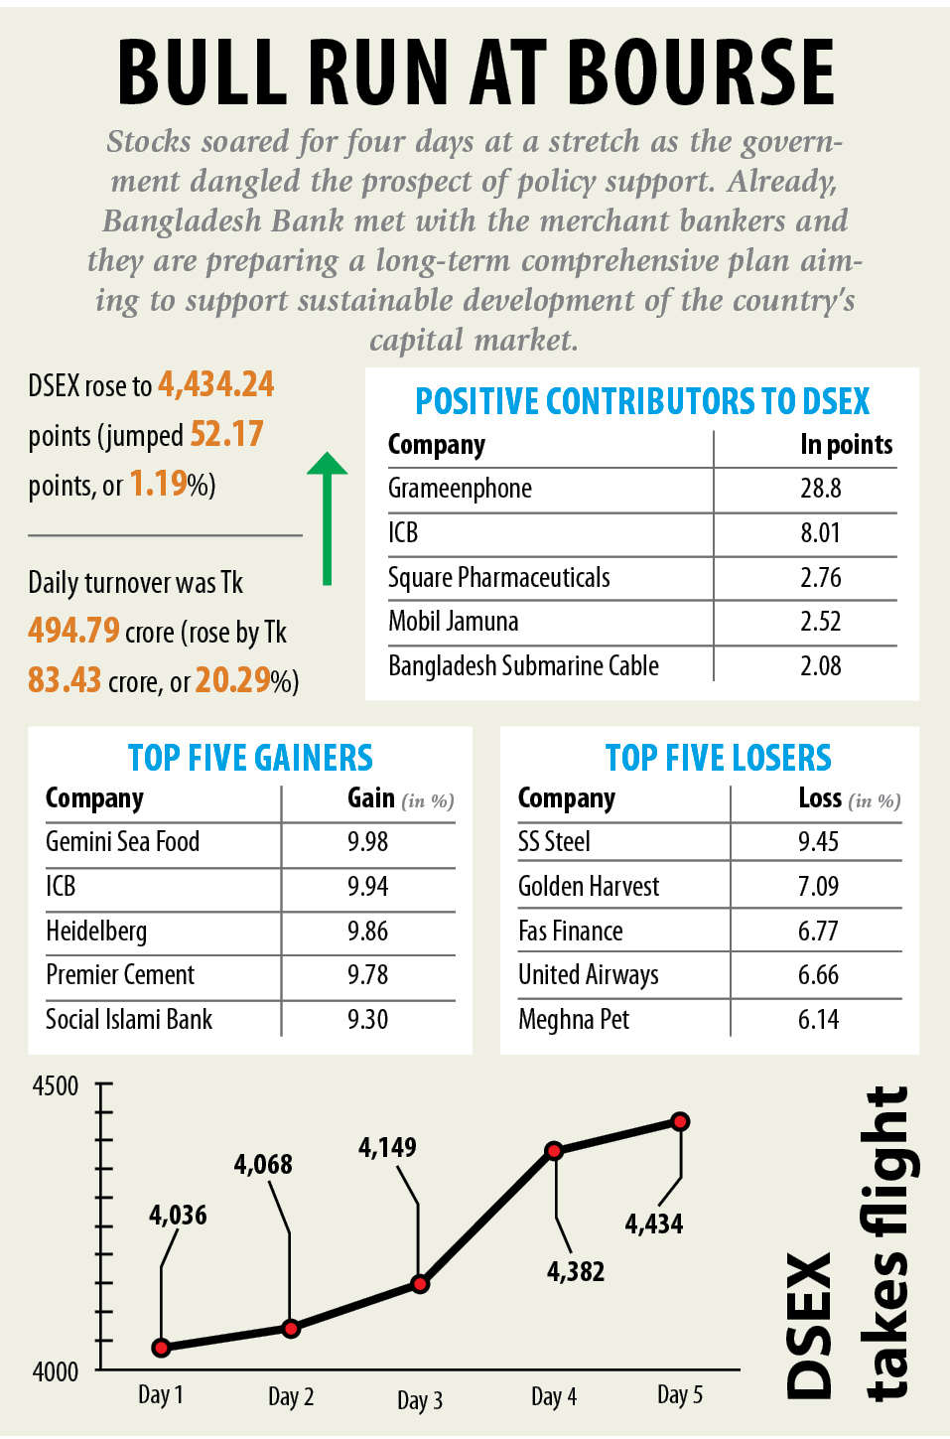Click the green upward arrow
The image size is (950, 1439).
(327, 516)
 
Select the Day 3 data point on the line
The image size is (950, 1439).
(420, 1284)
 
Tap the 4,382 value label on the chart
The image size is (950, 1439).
(576, 1271)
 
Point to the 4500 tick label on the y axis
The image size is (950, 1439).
(56, 1085)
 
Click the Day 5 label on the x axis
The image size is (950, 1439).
(680, 1395)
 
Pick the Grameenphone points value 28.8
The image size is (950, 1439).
(821, 489)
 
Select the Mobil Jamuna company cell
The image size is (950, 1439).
(454, 622)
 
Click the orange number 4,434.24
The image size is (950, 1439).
(216, 384)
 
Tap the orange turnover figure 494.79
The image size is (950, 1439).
(73, 630)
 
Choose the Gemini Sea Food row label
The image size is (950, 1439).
(123, 842)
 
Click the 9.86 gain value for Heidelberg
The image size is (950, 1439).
(367, 932)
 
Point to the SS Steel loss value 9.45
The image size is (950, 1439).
(818, 842)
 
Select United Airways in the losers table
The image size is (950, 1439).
(589, 975)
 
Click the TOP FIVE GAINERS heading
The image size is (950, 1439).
(250, 758)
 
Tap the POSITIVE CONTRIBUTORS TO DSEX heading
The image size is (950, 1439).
(642, 401)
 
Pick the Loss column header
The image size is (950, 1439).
(820, 797)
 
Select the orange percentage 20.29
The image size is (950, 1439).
(233, 679)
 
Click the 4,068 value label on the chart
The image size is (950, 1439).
(263, 1164)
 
